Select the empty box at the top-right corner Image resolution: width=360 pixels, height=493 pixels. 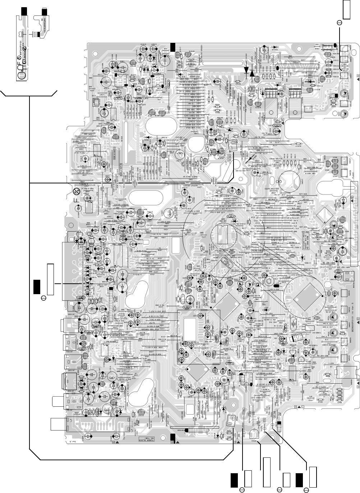pos(346,9)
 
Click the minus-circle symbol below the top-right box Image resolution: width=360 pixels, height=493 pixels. pos(340,23)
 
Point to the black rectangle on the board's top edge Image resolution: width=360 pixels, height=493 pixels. pos(173,46)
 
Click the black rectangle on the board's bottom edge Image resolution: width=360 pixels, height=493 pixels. pos(173,437)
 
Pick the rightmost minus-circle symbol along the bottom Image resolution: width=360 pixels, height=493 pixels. pos(306,489)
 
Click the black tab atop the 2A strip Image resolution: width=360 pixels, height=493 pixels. pos(24,11)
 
